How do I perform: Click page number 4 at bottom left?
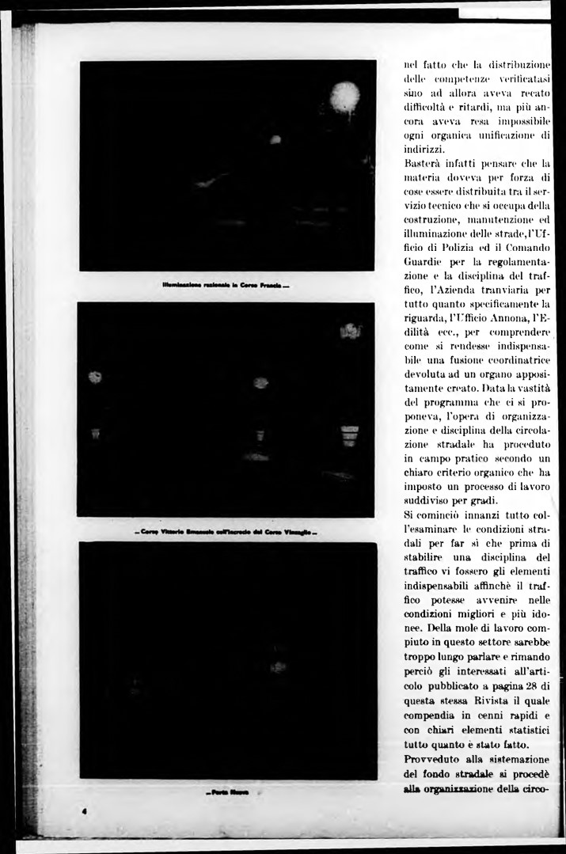click(x=84, y=811)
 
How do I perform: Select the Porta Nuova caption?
click(x=228, y=792)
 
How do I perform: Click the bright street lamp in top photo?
click(x=344, y=97)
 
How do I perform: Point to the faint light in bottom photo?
click(x=277, y=667)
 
